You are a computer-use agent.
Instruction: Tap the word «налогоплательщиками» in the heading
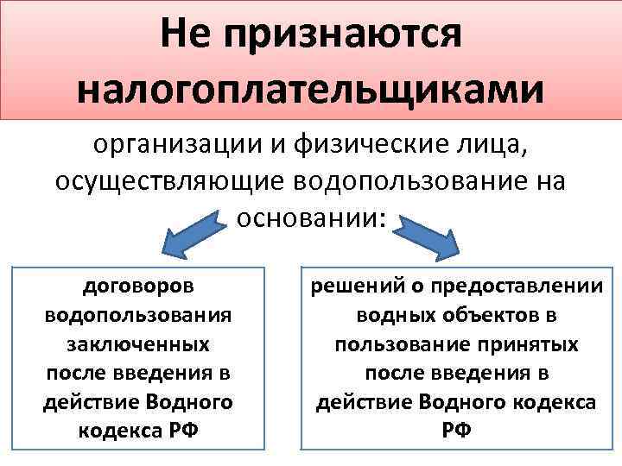[310, 91]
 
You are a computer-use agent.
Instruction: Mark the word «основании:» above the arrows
[310, 217]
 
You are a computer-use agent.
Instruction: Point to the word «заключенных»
[138, 343]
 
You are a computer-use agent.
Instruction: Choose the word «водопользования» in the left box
[138, 314]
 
